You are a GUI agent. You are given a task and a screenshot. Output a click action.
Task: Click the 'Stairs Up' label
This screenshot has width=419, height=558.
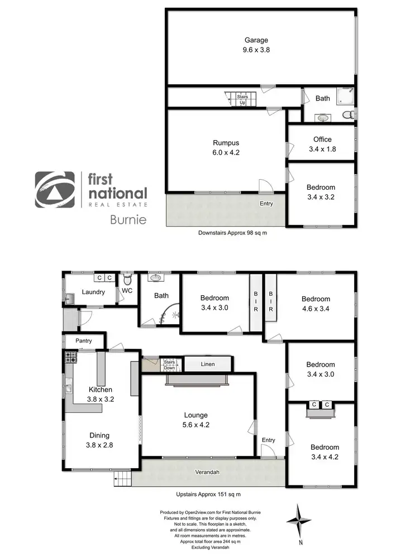(242, 99)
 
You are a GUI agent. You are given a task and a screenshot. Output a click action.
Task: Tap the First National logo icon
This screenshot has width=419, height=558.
(55, 190)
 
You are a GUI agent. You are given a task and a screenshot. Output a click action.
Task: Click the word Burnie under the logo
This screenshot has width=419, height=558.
(127, 219)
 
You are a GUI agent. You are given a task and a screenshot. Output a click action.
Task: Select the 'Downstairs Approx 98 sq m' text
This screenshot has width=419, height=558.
(234, 233)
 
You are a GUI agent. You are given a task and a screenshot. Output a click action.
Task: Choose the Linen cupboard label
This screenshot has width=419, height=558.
(207, 364)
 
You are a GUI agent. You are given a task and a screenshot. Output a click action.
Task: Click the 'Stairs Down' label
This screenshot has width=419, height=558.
(169, 365)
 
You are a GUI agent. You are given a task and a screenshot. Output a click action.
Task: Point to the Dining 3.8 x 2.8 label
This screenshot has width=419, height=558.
(97, 440)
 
